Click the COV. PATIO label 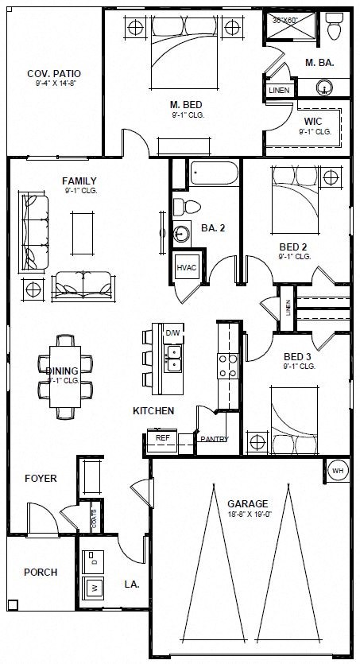point(54,74)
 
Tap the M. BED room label point(184,104)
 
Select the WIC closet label point(313,122)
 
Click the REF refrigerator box point(162,438)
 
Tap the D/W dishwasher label point(172,332)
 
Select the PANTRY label point(215,439)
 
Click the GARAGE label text point(247,503)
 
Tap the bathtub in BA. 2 point(214,173)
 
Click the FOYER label point(40,479)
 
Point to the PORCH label point(40,572)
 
